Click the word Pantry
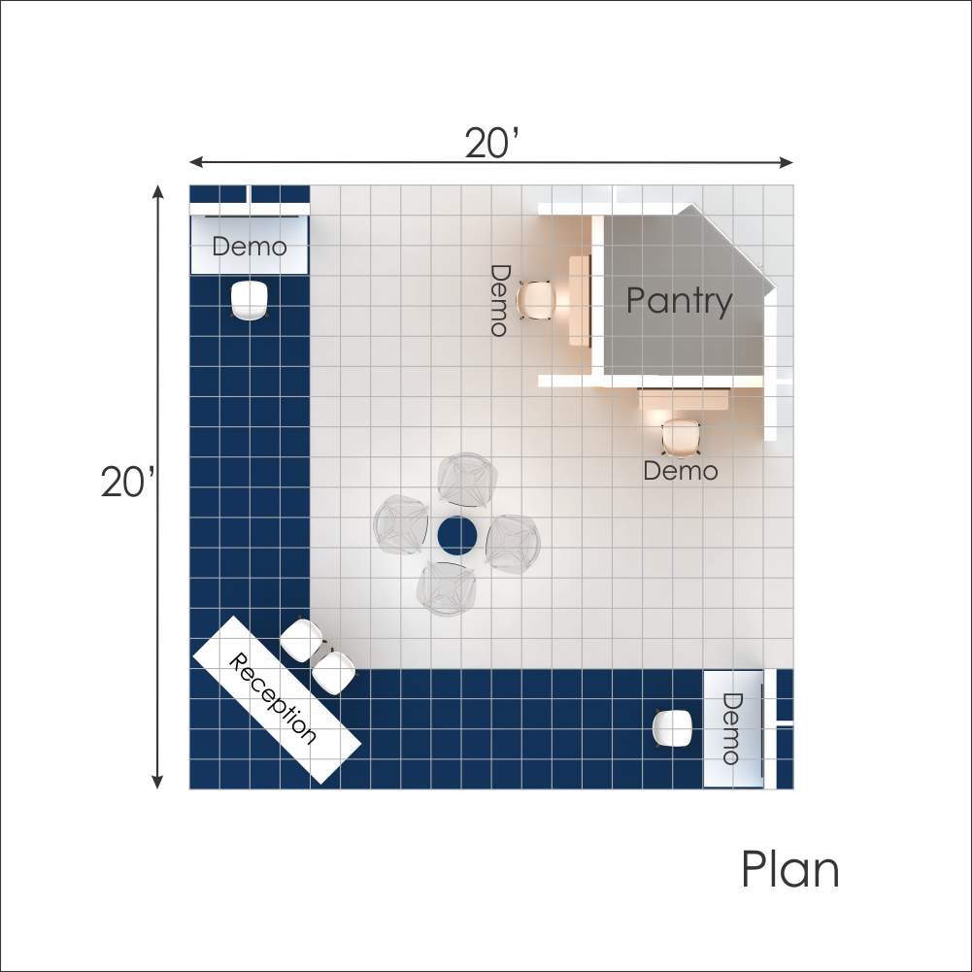[679, 301]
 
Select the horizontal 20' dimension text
[491, 143]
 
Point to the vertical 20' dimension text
[127, 482]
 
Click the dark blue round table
[457, 536]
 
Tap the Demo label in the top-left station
[250, 247]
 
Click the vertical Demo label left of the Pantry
[500, 301]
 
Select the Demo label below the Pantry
[681, 471]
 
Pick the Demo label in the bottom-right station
[732, 729]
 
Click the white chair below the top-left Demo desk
[250, 300]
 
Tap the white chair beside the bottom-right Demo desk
[673, 728]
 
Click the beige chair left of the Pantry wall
[536, 301]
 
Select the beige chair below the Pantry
[681, 438]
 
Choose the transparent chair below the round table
[447, 588]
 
